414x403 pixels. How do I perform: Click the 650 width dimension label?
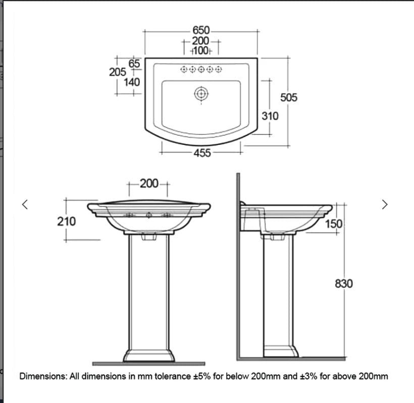click(201, 31)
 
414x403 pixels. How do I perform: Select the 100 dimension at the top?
click(201, 51)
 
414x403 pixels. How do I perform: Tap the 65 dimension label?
click(134, 63)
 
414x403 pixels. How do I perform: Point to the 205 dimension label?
click(118, 72)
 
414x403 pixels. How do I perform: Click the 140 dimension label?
click(132, 81)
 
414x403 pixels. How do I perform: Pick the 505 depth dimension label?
click(289, 97)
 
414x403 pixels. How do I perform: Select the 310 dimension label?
click(270, 116)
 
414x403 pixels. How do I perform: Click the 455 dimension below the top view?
click(202, 153)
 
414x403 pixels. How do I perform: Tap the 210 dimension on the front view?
click(67, 221)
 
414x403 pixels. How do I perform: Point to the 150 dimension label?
click(334, 224)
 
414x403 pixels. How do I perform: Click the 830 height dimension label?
click(344, 284)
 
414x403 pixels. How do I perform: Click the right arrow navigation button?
click(385, 204)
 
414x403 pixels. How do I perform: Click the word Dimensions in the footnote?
click(42, 376)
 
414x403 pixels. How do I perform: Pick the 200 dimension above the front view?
click(149, 183)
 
